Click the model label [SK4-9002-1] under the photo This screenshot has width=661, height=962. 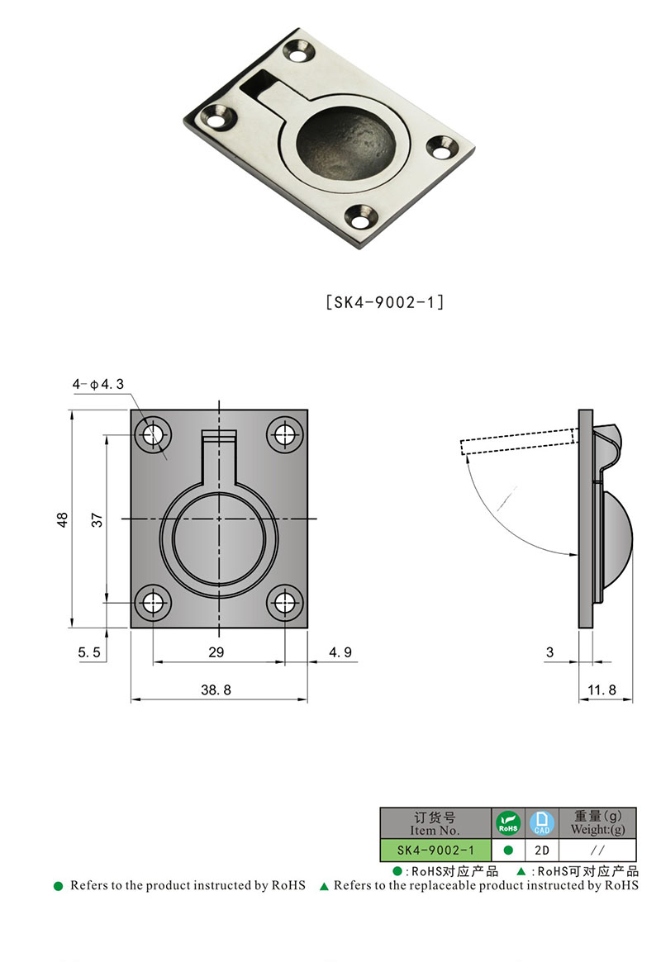click(385, 302)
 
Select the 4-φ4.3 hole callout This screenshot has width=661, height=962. click(97, 384)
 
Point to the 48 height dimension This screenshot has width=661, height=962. click(62, 520)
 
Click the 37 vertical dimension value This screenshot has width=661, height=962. click(96, 520)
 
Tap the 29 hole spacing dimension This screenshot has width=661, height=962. click(216, 652)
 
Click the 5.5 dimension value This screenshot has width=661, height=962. click(88, 652)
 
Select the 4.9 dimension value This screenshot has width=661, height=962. click(340, 652)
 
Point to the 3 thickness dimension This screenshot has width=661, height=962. click(549, 652)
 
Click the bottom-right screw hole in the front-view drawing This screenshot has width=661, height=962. click(286, 603)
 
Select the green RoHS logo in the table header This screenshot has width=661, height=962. click(507, 822)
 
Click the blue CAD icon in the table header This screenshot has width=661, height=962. click(541, 822)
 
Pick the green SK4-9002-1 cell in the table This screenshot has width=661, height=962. click(435, 850)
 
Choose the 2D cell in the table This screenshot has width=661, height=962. click(541, 850)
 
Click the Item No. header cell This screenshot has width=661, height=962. click(435, 823)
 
